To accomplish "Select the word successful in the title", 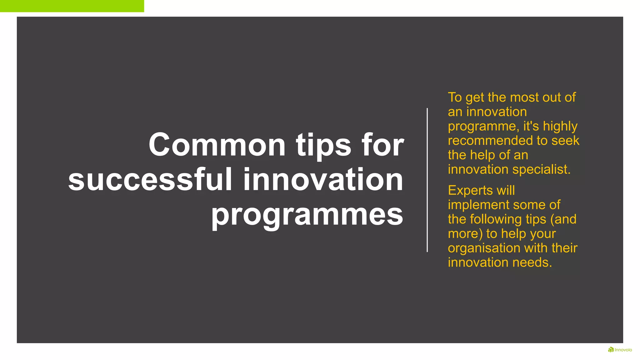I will click(150, 180).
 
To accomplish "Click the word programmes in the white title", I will click(307, 215).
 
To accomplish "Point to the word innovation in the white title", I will click(323, 180).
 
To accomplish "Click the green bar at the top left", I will click(72, 6).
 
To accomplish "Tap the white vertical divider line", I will click(427, 180).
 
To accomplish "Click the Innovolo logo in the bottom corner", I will click(620, 350).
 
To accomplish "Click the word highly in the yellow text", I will click(560, 126).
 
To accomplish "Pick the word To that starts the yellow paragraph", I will click(455, 97).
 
